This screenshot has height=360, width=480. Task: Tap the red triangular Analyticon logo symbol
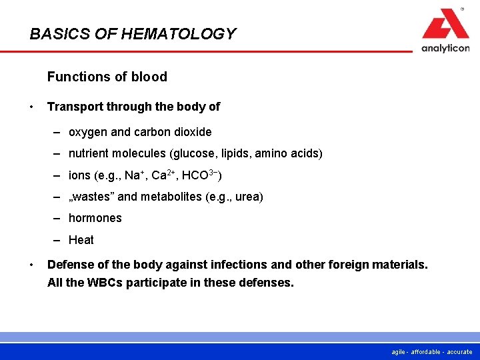click(445, 25)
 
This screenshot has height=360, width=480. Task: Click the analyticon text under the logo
click(445, 48)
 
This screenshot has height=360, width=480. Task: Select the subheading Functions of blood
click(107, 77)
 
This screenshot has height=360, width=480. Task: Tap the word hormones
click(95, 218)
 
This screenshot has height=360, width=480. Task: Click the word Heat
click(81, 240)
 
